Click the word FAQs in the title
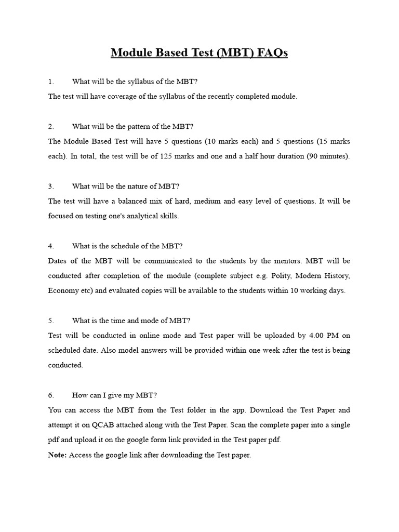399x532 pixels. click(x=270, y=53)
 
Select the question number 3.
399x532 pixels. click(x=51, y=186)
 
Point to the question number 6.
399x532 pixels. click(x=51, y=395)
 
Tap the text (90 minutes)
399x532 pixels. click(x=328, y=156)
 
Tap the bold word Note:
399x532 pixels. click(x=57, y=455)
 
